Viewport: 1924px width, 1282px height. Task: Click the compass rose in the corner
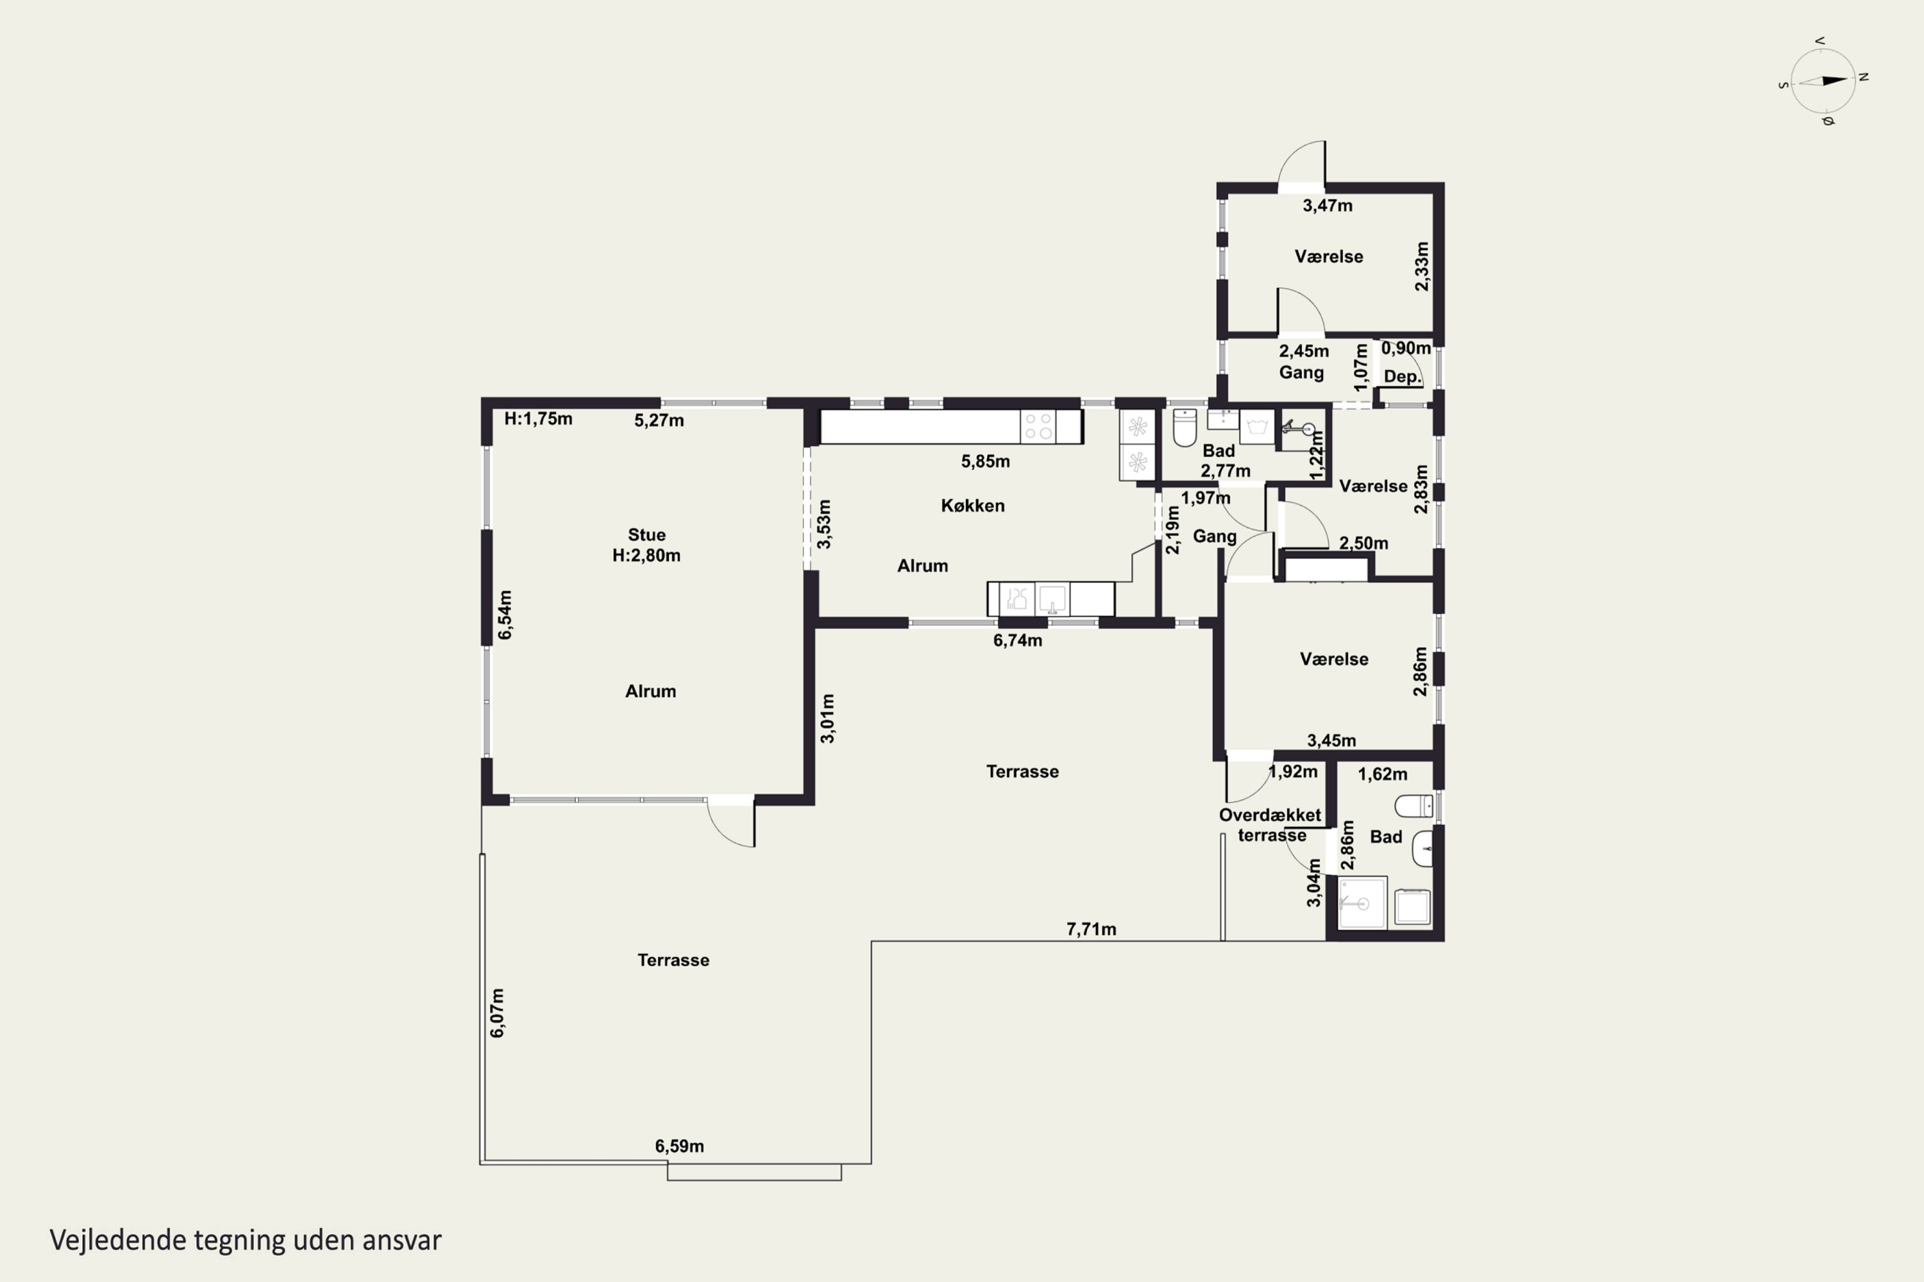pos(1823,81)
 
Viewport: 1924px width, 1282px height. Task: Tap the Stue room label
pos(646,535)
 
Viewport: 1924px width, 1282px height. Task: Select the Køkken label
pos(973,505)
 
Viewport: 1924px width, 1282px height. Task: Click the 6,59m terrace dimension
pos(679,1145)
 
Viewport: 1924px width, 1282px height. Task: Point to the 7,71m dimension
pos(1092,929)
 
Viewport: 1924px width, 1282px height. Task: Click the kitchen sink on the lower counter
pos(1053,599)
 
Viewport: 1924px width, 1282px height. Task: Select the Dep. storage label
pos(1402,377)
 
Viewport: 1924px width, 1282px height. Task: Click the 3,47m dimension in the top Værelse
pos(1328,206)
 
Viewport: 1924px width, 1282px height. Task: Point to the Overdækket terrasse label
pos(1270,825)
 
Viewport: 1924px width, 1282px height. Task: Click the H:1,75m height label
pos(538,419)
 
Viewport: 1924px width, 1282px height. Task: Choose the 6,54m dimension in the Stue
pos(505,615)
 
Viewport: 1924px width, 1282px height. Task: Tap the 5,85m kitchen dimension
pos(986,461)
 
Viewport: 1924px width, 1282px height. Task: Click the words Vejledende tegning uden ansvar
pos(246,1240)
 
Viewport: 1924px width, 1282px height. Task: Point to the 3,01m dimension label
pos(828,719)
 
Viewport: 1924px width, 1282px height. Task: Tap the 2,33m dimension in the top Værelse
pos(1422,266)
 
